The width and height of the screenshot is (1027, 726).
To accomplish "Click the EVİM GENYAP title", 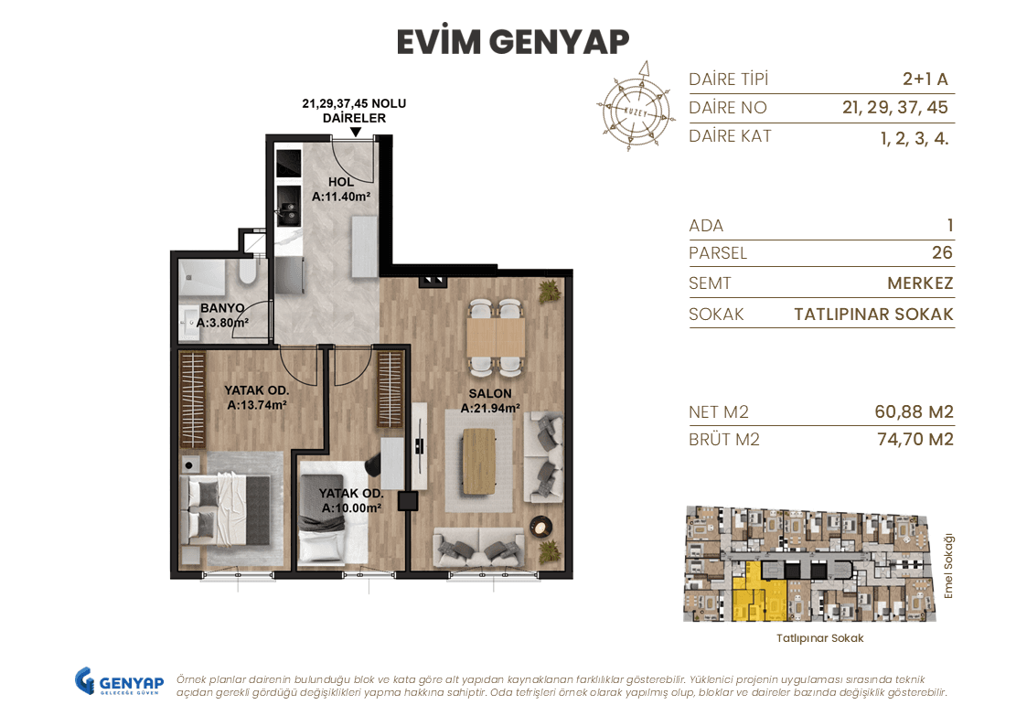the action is (x=513, y=42).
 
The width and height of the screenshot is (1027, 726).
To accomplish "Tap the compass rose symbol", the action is (x=635, y=108).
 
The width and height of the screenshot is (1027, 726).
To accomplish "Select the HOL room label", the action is (x=340, y=182).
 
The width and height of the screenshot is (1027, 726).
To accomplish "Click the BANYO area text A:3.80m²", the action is (x=223, y=323).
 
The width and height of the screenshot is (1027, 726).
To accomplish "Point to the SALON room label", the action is (x=490, y=393).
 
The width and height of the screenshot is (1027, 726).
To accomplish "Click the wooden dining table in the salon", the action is (x=496, y=337).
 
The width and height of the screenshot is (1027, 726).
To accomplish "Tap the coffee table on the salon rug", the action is (x=479, y=462).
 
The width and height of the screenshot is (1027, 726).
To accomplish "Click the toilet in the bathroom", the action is (x=248, y=272).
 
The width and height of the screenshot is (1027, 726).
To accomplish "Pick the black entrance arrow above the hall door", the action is (x=355, y=132).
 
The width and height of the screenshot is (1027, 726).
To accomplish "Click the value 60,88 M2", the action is (x=914, y=411).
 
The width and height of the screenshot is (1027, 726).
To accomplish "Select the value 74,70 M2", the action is (x=915, y=439).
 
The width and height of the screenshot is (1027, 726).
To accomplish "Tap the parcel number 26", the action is (x=942, y=252).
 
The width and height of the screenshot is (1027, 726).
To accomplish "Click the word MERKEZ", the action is (x=920, y=283).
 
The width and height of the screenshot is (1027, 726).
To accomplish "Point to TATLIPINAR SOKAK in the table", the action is (x=873, y=315).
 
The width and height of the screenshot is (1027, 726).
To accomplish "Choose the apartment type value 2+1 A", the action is (x=925, y=80).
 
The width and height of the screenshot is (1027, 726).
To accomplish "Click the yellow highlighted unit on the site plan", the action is (x=760, y=592).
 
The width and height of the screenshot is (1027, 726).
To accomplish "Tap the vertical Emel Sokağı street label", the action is (x=948, y=566).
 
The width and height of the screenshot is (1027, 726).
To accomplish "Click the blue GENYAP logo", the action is (x=119, y=681).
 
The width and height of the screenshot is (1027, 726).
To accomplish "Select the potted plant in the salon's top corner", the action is (x=549, y=292).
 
